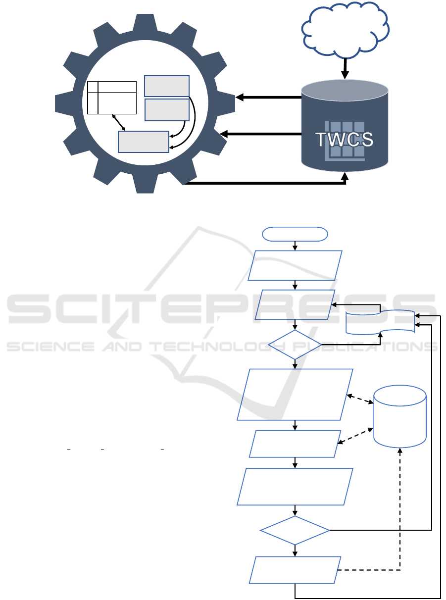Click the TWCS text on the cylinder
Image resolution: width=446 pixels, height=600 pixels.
pos(345,140)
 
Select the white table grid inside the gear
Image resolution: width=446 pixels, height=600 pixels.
pos(112,98)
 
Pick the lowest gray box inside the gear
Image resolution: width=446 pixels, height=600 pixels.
pos(144,142)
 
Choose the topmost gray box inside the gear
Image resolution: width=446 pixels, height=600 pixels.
pos(166,86)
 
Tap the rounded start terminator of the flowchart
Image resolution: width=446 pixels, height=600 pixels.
pos(296,234)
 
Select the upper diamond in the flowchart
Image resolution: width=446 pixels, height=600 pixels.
pos(295,345)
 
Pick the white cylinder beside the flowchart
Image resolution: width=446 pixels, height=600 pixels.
pos(400,415)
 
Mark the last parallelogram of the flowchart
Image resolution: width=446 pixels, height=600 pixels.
pos(295,570)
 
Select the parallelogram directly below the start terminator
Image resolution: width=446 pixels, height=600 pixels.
pos(296,265)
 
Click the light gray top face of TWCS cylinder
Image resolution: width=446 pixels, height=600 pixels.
pos(345,90)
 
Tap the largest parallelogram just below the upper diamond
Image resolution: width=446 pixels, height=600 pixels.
pos(295,395)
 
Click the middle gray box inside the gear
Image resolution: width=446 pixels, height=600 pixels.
pos(166,109)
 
